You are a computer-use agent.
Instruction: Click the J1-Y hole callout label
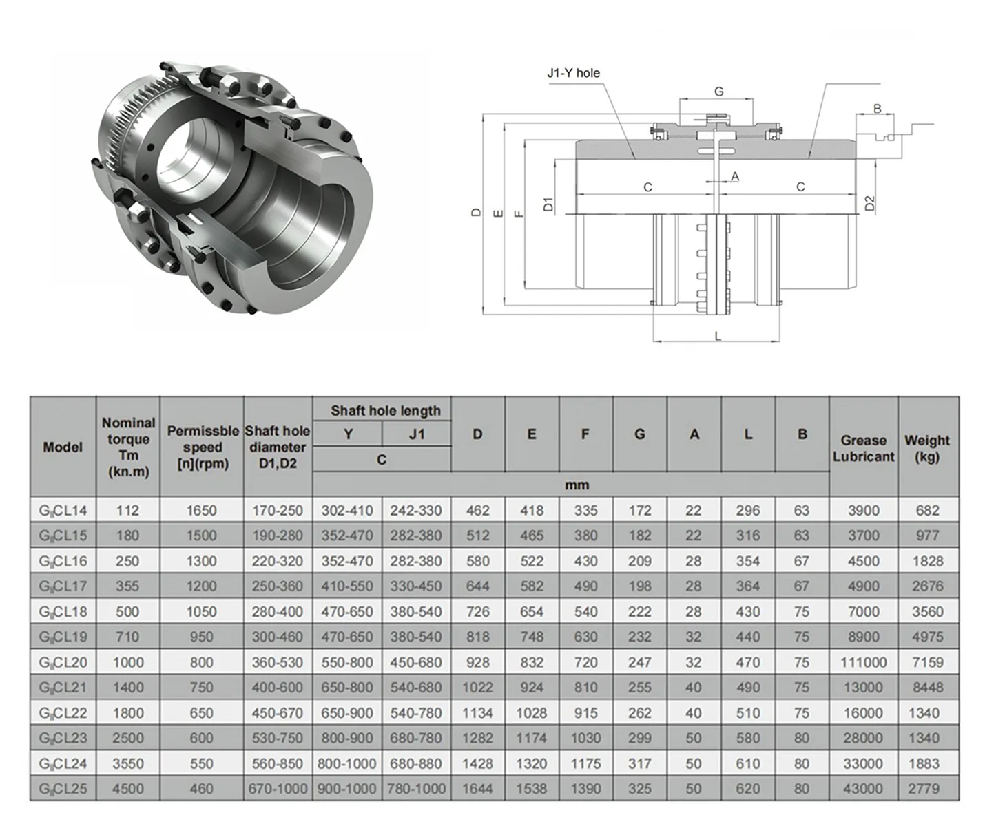573,73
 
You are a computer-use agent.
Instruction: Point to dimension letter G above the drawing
718,92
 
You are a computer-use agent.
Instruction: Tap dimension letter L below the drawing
718,336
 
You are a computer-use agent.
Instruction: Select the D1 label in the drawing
549,204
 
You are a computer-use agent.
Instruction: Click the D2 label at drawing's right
869,204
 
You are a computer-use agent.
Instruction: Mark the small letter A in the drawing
735,177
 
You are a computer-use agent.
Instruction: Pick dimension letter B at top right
877,109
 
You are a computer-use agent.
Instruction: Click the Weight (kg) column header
926,447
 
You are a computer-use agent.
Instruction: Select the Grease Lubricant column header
863,447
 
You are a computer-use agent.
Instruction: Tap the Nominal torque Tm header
128,447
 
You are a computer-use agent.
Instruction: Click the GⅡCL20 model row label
63,662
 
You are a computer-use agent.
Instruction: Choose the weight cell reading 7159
926,662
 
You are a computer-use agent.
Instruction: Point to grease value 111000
863,662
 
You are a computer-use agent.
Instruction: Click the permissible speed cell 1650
201,511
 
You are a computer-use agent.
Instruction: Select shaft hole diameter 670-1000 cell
278,789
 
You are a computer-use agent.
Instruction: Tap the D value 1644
477,789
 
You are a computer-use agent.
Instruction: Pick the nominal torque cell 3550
128,763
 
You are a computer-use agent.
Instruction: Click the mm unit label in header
577,485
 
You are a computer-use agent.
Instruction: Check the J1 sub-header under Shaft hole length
417,434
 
